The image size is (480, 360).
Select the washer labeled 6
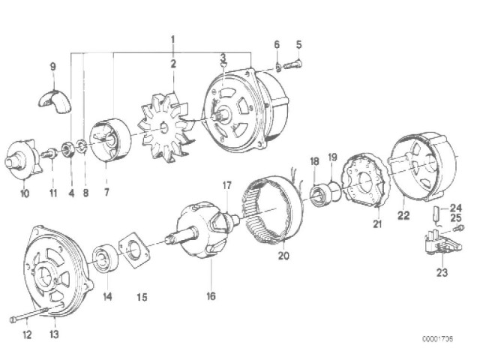[x=278, y=67]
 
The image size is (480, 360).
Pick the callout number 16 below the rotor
[x=211, y=296]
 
